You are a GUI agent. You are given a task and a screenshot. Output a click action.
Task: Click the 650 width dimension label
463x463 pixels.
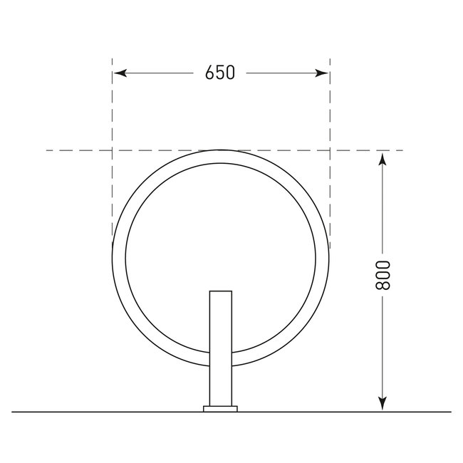219,73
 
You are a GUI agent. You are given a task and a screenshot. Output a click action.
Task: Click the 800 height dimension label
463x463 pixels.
383,276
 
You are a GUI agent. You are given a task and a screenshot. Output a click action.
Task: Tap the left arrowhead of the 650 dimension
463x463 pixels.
119,73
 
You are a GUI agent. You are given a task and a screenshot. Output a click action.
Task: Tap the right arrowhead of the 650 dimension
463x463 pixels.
323,73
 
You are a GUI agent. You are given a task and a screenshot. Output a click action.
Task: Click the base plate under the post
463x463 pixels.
221,409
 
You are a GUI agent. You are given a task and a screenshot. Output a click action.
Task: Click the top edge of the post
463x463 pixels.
221,291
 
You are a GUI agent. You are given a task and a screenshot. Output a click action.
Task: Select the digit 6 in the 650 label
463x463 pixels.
209,73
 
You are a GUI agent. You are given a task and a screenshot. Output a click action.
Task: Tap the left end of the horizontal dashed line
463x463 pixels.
47,150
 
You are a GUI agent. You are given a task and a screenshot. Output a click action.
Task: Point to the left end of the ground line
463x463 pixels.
13,412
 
